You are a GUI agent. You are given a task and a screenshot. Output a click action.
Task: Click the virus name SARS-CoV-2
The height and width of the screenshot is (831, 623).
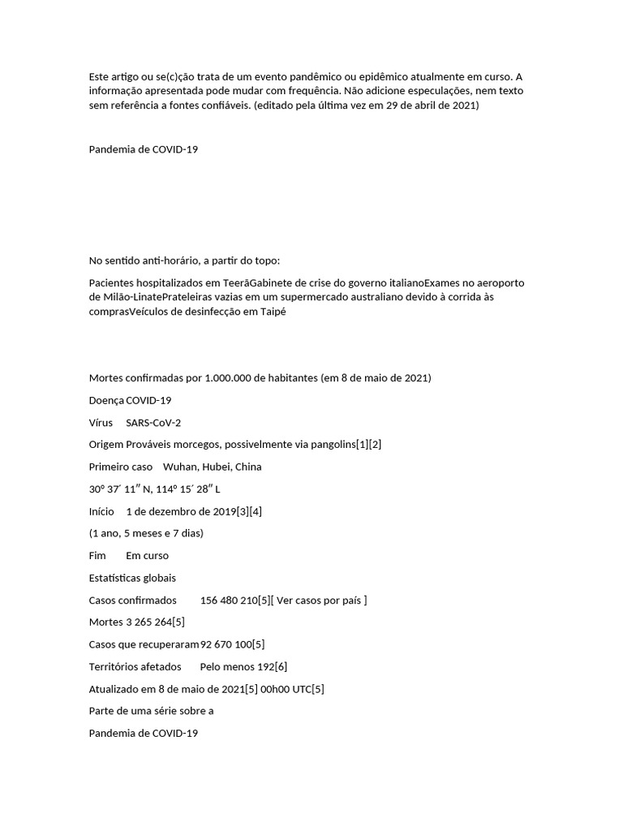click(153, 423)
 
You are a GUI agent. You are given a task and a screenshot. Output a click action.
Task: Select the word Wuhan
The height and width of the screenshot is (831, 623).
click(179, 467)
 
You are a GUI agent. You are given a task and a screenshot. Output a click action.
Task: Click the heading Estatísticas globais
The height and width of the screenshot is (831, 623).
click(132, 578)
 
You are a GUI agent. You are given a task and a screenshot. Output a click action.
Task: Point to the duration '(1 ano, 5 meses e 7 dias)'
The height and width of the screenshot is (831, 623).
click(146, 533)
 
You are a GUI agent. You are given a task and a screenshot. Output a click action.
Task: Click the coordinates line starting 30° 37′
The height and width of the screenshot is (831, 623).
click(154, 489)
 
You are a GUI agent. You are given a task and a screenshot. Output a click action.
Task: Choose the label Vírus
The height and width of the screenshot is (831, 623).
click(101, 423)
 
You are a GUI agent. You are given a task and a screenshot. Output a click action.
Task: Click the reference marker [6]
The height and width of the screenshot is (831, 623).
click(281, 667)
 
